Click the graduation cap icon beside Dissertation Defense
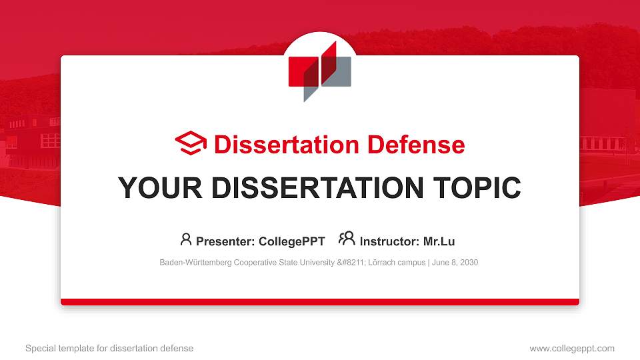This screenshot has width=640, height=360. (191, 143)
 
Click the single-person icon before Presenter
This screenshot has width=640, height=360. (186, 239)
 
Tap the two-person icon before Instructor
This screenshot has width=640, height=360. (347, 239)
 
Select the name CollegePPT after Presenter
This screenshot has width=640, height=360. (293, 241)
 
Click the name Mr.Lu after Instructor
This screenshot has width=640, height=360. (439, 241)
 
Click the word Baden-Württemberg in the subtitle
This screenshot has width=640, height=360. (195, 263)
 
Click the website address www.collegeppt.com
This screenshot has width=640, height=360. (572, 348)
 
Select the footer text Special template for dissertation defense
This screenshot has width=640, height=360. (109, 348)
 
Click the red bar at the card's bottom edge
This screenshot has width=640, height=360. (320, 302)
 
